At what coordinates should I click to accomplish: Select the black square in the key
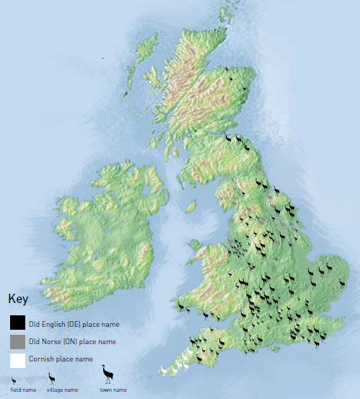18,322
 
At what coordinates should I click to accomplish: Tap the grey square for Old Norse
18,341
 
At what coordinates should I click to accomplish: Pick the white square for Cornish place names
18,359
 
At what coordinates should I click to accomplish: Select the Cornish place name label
62,359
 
